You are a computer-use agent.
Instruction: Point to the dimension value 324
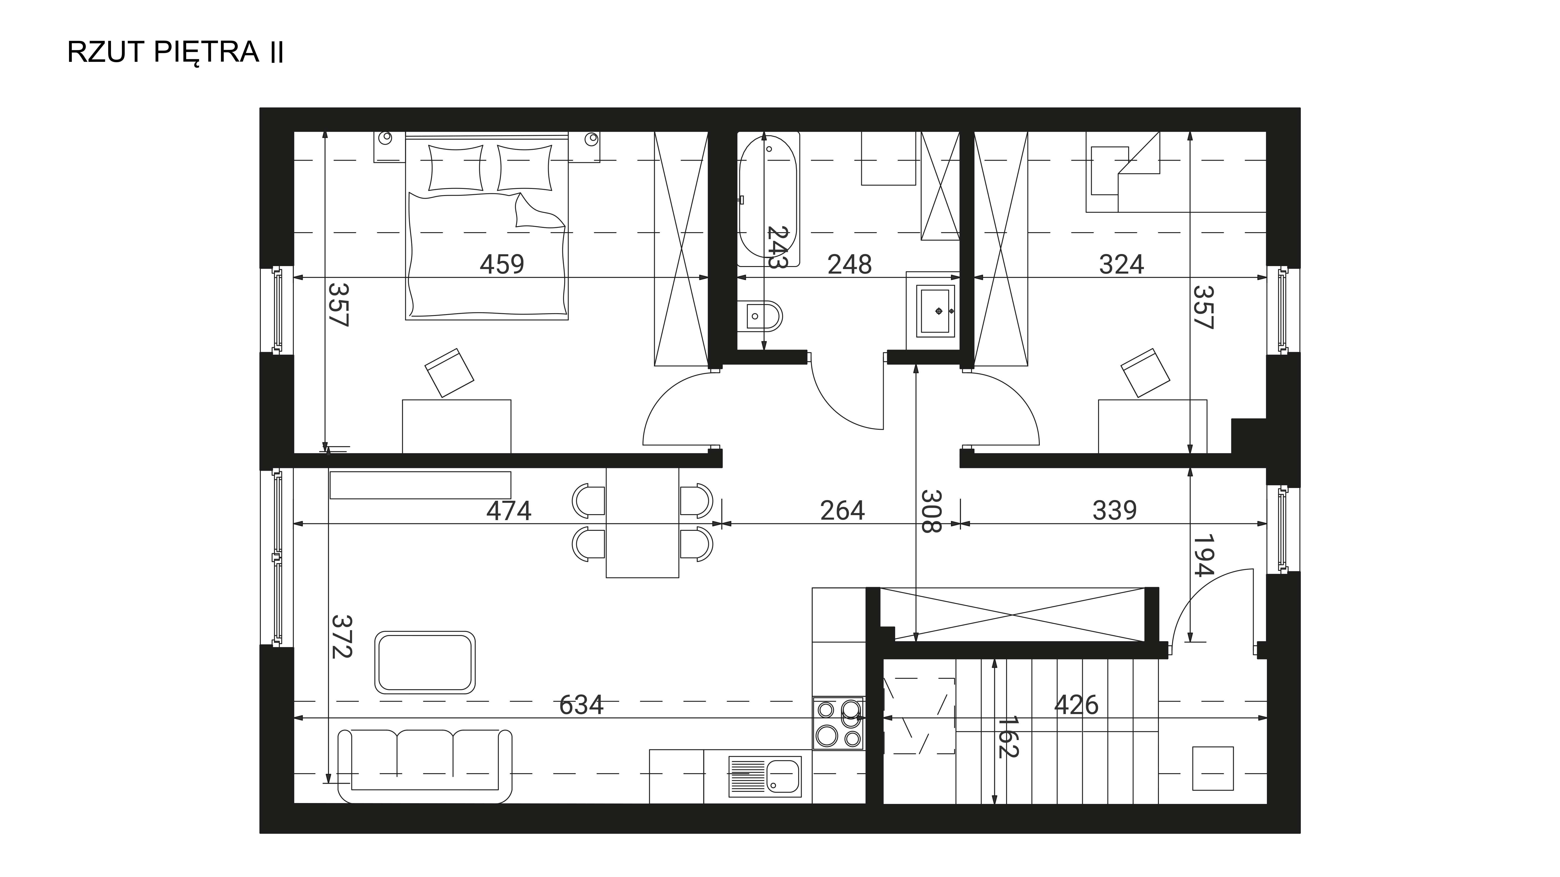coord(1122,264)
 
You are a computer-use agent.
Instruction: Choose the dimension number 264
coord(842,511)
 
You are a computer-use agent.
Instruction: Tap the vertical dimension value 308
coord(931,511)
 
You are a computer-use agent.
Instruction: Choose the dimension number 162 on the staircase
coord(1008,737)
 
